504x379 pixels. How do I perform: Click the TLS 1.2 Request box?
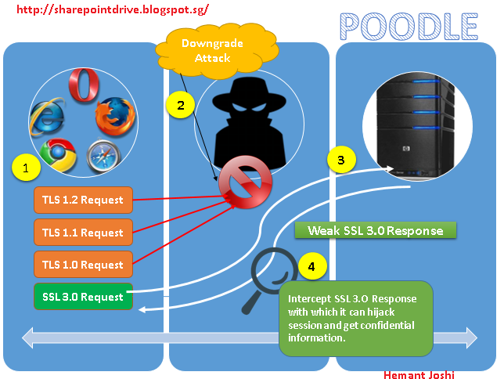pos(83,200)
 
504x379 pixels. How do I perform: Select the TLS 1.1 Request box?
pos(83,233)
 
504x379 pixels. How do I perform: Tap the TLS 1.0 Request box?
pos(83,265)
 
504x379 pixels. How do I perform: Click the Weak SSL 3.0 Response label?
pos(375,231)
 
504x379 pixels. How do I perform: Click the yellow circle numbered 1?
pos(25,167)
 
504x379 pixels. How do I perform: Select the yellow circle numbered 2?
pos(179,106)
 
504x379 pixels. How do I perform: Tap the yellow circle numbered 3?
pos(340,160)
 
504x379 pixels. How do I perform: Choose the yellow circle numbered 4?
pos(312,266)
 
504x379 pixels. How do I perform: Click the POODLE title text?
pos(409,25)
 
